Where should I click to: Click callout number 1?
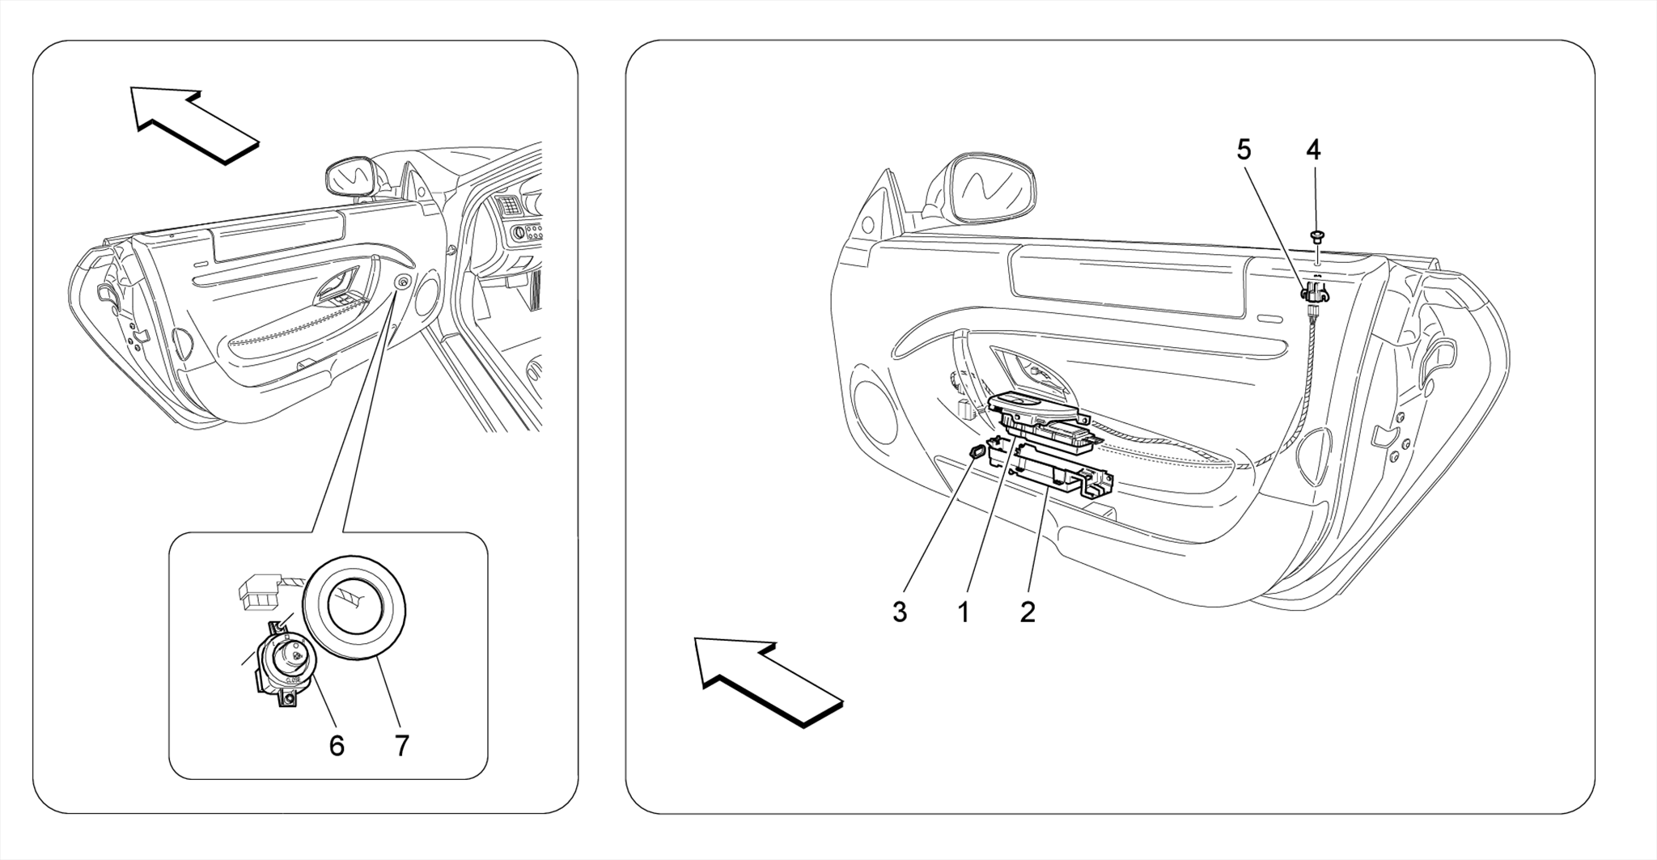(x=963, y=612)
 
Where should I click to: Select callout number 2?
(x=1027, y=612)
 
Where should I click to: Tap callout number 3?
(x=899, y=612)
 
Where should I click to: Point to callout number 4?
(x=1313, y=150)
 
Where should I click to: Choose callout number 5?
(x=1244, y=150)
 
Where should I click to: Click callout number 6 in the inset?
(x=337, y=745)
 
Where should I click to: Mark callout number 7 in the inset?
(x=401, y=745)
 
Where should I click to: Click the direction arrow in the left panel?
(x=194, y=125)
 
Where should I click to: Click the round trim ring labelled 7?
(x=354, y=608)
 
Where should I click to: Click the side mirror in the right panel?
(x=991, y=189)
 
